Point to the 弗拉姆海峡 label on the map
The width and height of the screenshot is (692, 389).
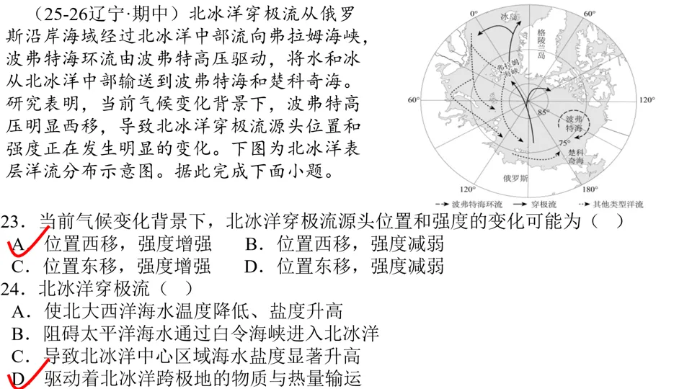pos(509,66)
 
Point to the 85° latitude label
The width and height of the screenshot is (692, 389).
pos(543,112)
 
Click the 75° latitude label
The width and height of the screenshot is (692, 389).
pos(566,143)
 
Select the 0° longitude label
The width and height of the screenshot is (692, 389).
pos(474,14)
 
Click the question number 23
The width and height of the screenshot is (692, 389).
pos(12,220)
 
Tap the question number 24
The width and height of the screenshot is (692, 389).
pos(12,290)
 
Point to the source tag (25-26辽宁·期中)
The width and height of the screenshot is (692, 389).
pos(101,14)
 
